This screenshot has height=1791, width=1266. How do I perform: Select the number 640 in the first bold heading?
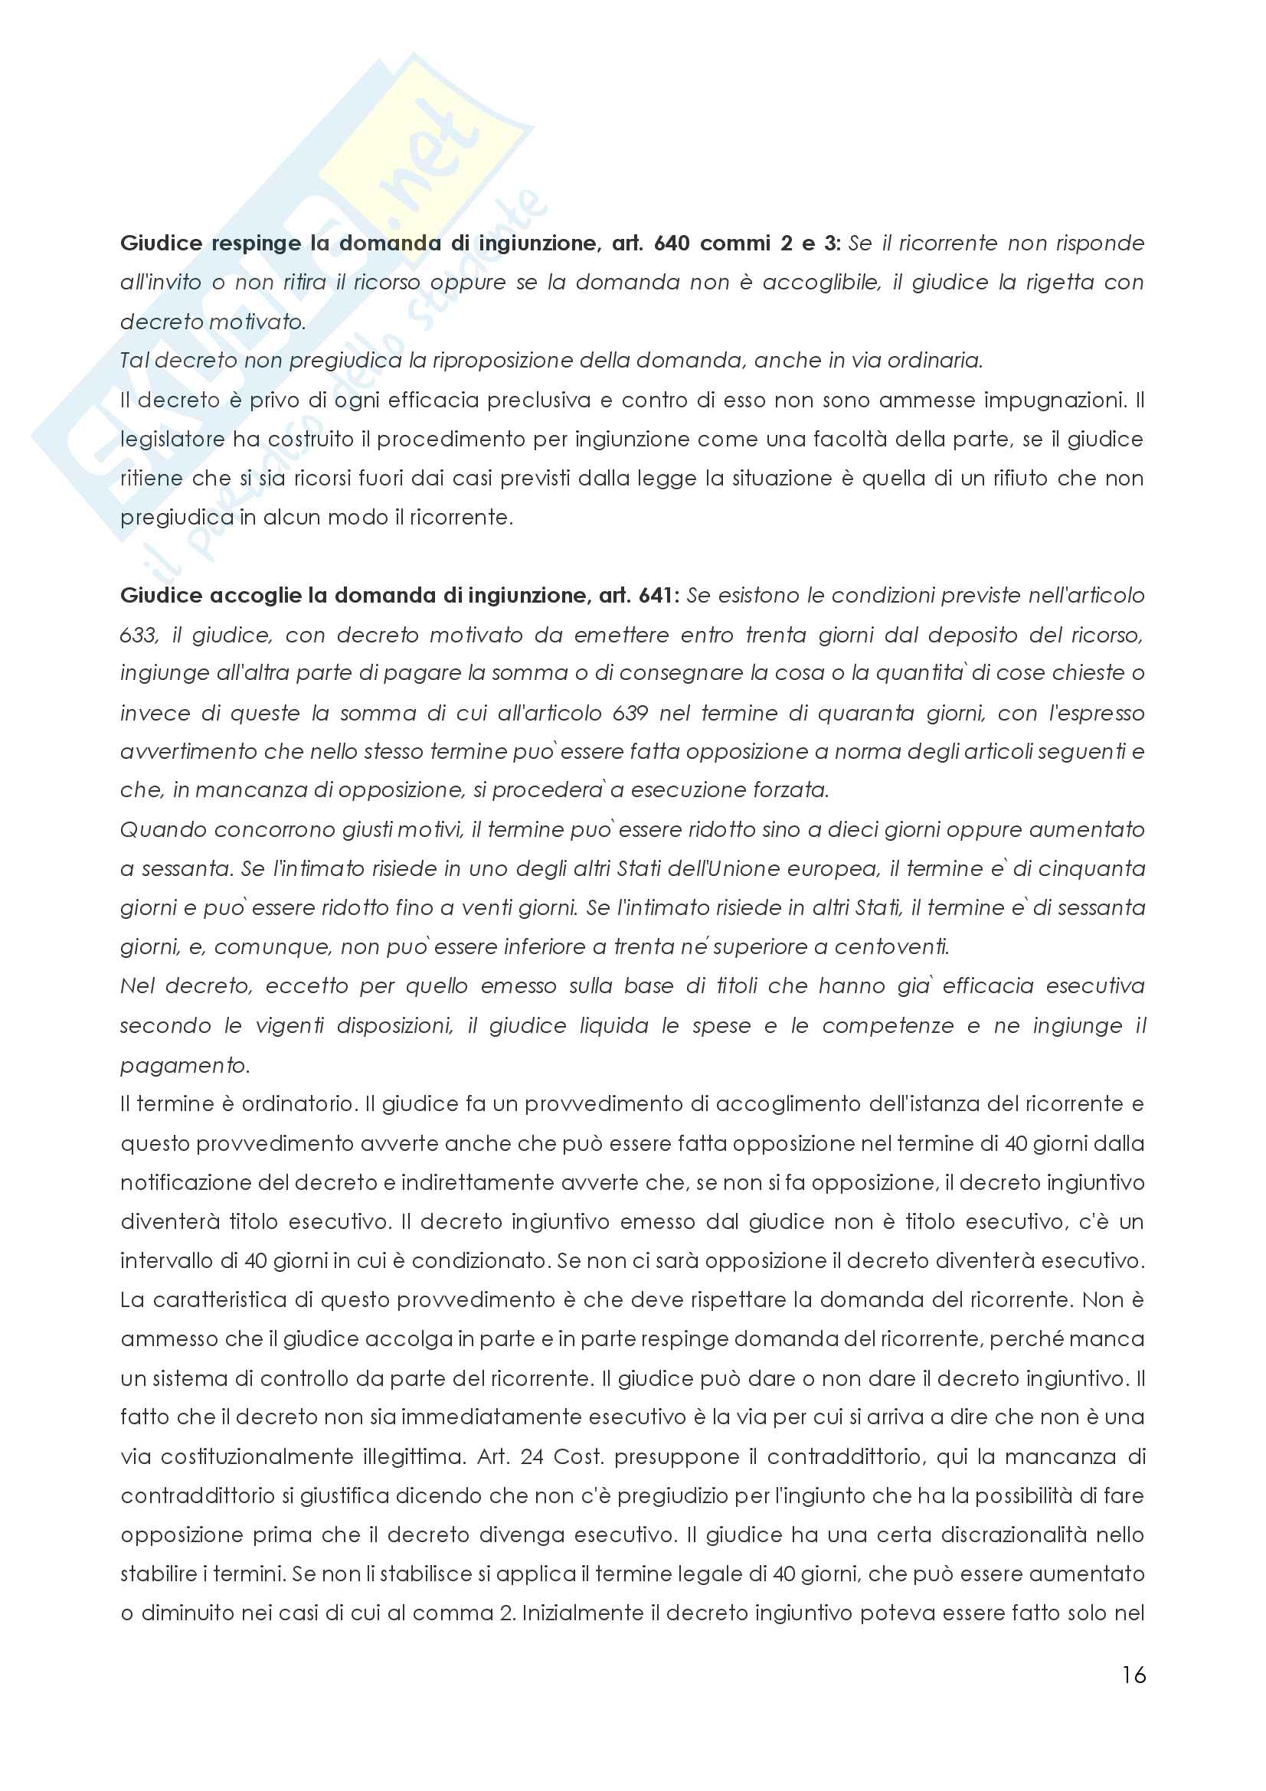[672, 243]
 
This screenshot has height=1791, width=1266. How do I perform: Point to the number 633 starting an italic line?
[138, 635]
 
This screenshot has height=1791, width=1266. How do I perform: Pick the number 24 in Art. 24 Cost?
[532, 1456]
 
